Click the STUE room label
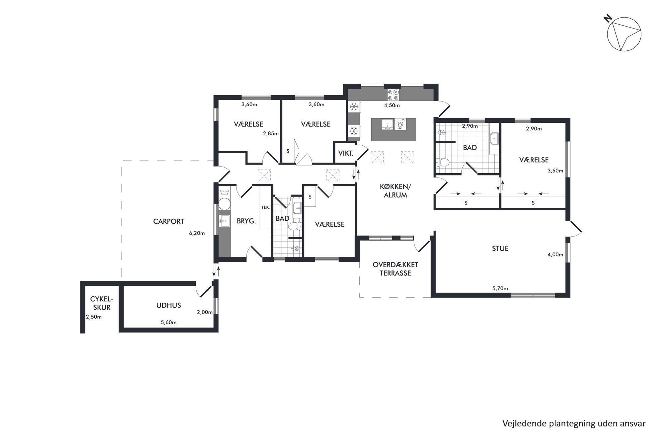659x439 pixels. click(x=500, y=249)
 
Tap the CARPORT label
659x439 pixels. click(x=168, y=221)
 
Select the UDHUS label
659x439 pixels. click(x=169, y=305)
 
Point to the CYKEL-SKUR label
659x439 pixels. click(x=102, y=303)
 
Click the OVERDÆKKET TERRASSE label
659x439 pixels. click(x=395, y=269)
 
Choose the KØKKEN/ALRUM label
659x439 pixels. click(x=395, y=191)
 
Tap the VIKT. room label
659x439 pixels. click(x=345, y=154)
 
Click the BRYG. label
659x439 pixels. click(x=246, y=221)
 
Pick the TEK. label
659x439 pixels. click(x=266, y=207)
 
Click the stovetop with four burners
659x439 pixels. click(x=394, y=95)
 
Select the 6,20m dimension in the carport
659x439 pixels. click(x=197, y=233)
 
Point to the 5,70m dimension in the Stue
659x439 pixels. click(x=500, y=289)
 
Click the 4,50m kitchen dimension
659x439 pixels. click(x=392, y=106)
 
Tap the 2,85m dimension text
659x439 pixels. click(x=271, y=134)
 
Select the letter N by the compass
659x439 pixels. click(x=608, y=19)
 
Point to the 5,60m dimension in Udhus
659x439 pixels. click(x=168, y=323)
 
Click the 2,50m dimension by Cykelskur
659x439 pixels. click(x=94, y=317)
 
